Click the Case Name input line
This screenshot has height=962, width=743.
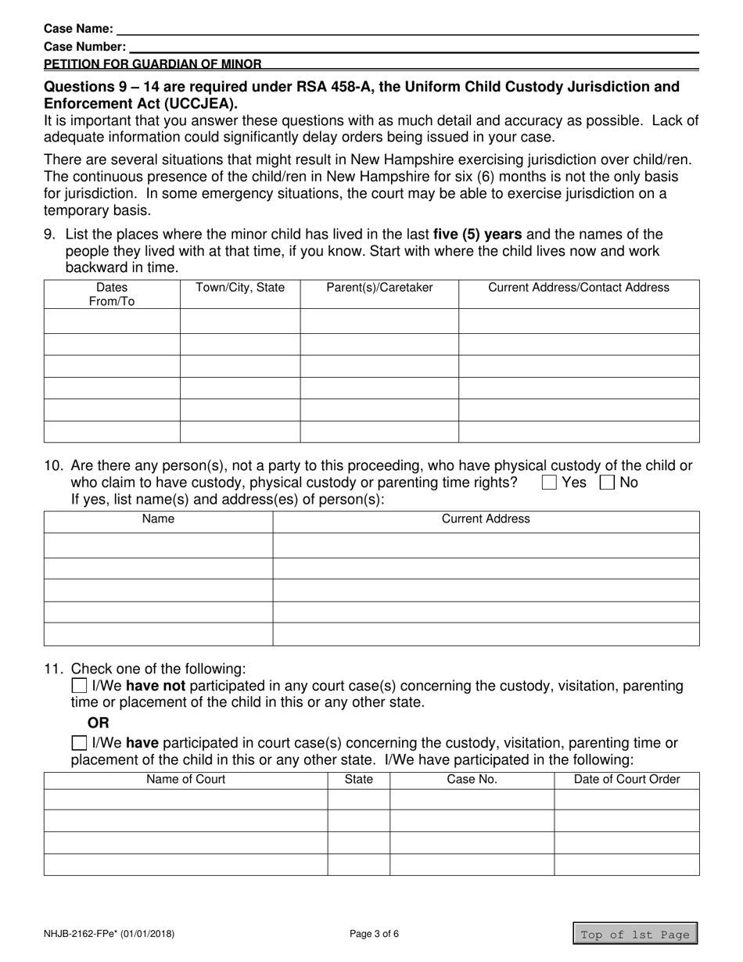pyautogui.click(x=407, y=29)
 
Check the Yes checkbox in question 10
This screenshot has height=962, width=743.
pyautogui.click(x=549, y=483)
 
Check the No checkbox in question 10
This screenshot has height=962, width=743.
pyautogui.click(x=607, y=483)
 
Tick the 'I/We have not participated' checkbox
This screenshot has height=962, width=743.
pyautogui.click(x=79, y=686)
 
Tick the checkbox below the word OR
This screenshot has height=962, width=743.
pyautogui.click(x=79, y=743)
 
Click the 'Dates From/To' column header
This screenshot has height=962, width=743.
pyautogui.click(x=112, y=294)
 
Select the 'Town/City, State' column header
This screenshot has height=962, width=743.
pyautogui.click(x=240, y=288)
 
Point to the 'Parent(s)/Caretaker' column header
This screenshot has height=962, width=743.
pyautogui.click(x=379, y=288)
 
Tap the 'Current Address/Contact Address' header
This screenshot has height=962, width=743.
pyautogui.click(x=579, y=288)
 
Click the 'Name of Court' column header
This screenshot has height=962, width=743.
pyautogui.click(x=186, y=780)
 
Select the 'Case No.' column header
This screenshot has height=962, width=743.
pyautogui.click(x=472, y=780)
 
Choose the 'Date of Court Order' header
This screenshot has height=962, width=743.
pyautogui.click(x=626, y=780)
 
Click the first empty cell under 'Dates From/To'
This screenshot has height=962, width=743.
pyautogui.click(x=112, y=321)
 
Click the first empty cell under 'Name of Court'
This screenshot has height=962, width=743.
pyautogui.click(x=186, y=799)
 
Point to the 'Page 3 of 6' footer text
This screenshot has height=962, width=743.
pyautogui.click(x=374, y=933)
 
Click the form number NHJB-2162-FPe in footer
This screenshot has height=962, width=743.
pyautogui.click(x=109, y=933)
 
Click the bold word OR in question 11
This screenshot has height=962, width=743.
pyautogui.click(x=99, y=723)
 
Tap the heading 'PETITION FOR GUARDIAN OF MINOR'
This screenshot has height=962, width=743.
pyautogui.click(x=153, y=64)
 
